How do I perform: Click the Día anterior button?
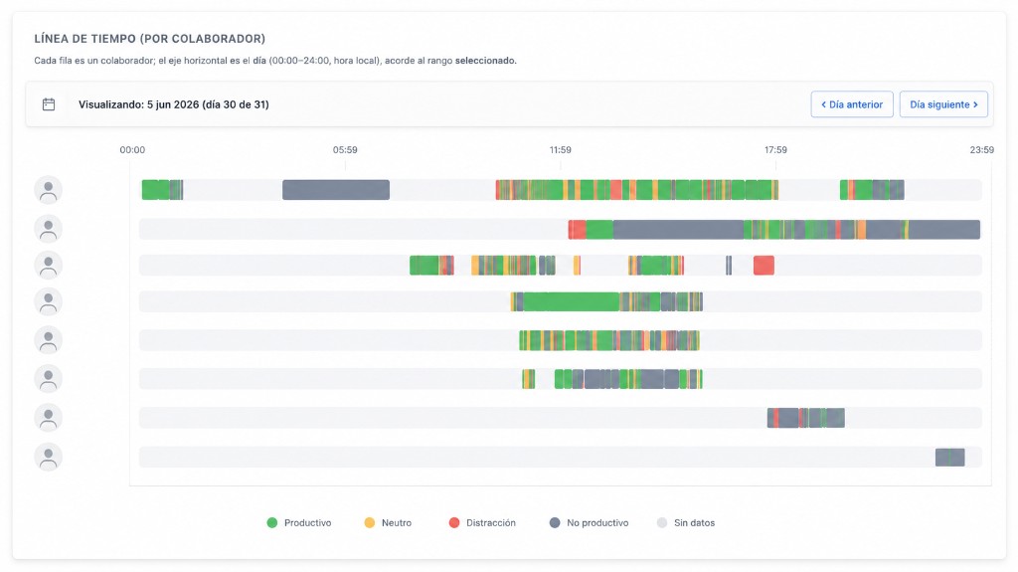tap(852, 104)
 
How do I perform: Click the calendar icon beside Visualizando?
tap(49, 104)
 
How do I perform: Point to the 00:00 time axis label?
tap(132, 149)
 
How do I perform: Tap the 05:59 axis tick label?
tap(345, 149)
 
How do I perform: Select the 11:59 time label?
tap(561, 149)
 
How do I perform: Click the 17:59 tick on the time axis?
tap(775, 149)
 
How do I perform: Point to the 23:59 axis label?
tap(981, 149)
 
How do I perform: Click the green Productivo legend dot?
tap(272, 522)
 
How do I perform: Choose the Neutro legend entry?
tap(388, 522)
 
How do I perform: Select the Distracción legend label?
tap(482, 522)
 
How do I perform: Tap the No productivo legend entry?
tap(589, 522)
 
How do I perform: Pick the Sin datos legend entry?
tap(686, 522)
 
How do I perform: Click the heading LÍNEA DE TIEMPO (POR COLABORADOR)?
tap(150, 39)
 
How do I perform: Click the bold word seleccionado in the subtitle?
tap(485, 61)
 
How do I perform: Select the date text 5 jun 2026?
tap(173, 104)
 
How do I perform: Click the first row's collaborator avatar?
tap(48, 190)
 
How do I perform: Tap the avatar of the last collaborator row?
tap(48, 457)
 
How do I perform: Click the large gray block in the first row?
tap(336, 190)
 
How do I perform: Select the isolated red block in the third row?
tap(763, 266)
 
